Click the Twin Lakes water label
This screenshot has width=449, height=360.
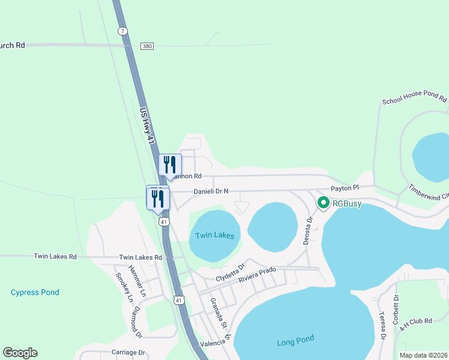coord(215,235)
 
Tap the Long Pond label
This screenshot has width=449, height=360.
coord(295,340)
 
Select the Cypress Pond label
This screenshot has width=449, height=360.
coord(35,292)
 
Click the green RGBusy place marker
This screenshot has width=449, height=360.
coord(322,203)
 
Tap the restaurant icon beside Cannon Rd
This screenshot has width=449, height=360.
coord(170,164)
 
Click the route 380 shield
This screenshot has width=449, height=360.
coord(147,46)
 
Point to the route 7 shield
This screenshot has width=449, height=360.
coord(122,31)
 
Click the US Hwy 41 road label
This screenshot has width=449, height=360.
coord(147,125)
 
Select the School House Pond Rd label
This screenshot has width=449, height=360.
coord(414,100)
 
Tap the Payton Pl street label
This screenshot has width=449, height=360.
coord(344,188)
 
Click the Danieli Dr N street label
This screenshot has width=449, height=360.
coord(211,192)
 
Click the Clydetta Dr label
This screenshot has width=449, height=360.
coord(231,273)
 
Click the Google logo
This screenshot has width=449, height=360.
coord(20,353)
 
